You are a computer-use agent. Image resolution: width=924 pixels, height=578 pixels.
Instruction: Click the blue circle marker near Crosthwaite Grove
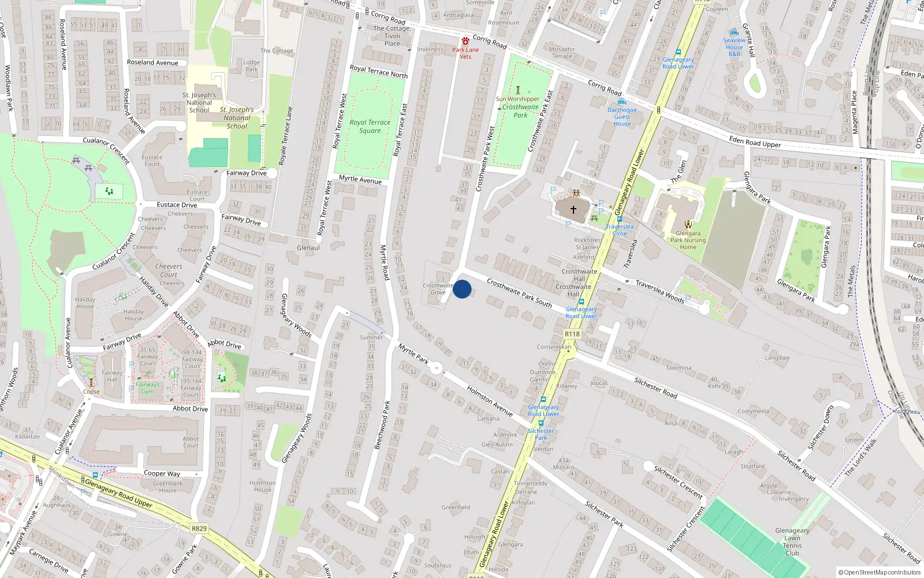pyautogui.click(x=462, y=289)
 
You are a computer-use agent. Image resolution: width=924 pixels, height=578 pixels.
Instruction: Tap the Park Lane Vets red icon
pyautogui.click(x=465, y=41)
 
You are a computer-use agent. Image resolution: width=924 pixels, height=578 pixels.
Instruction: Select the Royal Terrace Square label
pyautogui.click(x=370, y=127)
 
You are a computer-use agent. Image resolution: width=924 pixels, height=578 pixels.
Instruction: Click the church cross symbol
pyautogui.click(x=573, y=209)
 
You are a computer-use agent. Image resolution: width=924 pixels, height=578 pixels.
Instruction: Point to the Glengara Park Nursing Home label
pyautogui.click(x=688, y=240)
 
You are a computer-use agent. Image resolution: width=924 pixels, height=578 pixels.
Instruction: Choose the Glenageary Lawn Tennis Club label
pyautogui.click(x=792, y=542)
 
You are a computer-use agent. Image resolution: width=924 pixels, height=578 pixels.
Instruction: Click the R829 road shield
pyautogui.click(x=199, y=528)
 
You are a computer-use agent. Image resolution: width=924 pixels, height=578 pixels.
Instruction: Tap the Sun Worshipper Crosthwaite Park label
pyautogui.click(x=519, y=106)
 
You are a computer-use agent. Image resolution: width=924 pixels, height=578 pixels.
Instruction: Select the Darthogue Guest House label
pyautogui.click(x=622, y=117)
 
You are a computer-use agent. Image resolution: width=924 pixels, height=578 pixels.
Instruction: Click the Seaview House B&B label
pyautogui.click(x=735, y=47)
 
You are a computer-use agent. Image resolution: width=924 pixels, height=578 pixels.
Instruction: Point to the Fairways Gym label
pyautogui.click(x=148, y=388)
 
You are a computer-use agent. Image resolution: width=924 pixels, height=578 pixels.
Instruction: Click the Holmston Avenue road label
pyautogui.click(x=490, y=401)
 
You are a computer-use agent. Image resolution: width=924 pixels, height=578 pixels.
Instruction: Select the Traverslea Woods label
pyautogui.click(x=660, y=291)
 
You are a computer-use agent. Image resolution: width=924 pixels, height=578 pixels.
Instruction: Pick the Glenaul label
pyautogui.click(x=308, y=248)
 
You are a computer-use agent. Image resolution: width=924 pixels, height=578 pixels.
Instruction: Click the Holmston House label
pyautogui.click(x=263, y=486)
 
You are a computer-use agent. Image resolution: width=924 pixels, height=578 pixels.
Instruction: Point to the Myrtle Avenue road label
pyautogui.click(x=360, y=180)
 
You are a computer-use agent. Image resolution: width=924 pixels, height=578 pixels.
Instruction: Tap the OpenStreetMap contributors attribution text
pyautogui.click(x=880, y=573)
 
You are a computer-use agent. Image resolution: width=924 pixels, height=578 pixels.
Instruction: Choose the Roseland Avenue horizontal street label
pyautogui.click(x=152, y=62)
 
